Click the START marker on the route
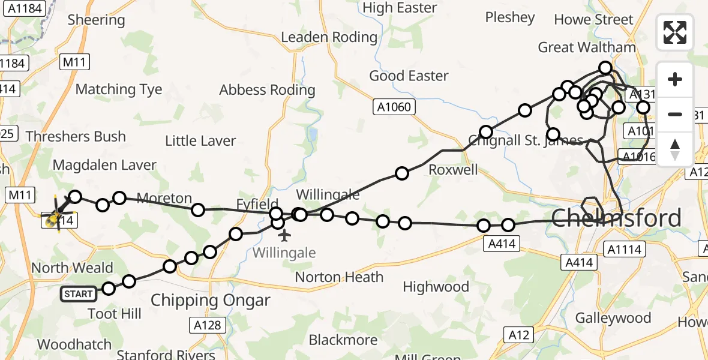[x=79, y=293]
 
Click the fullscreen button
[x=675, y=32]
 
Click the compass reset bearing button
[x=675, y=149]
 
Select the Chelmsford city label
[x=616, y=218]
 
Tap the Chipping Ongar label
[x=210, y=300]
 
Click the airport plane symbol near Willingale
[x=284, y=235]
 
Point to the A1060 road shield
[x=394, y=107]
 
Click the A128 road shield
[x=208, y=325]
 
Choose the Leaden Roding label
[x=329, y=37]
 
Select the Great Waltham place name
[x=586, y=47]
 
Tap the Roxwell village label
[x=453, y=170]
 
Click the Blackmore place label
[x=343, y=340]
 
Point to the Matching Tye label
[x=119, y=89]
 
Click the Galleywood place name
[x=613, y=317]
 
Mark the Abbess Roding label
[x=267, y=90]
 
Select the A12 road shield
[x=519, y=334]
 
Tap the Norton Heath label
[x=339, y=277]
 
